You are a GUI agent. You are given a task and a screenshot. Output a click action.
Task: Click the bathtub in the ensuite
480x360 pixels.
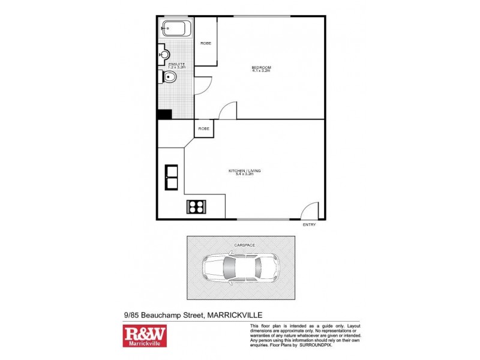[176, 29]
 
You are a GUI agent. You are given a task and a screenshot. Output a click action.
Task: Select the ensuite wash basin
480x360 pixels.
[164, 55]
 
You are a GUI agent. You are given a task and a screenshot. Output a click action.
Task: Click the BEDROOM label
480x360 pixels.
[261, 67]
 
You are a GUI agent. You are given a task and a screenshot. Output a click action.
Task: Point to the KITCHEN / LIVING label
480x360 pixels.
[245, 171]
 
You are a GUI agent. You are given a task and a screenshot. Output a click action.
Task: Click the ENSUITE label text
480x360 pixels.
[176, 64]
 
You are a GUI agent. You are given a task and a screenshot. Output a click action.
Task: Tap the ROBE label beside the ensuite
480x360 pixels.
[206, 43]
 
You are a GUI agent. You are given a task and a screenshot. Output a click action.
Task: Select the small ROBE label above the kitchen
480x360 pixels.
[204, 128]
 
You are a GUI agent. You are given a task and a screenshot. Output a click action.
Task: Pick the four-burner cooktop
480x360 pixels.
[196, 207]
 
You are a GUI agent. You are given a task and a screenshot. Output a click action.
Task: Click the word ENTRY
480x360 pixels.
[309, 225]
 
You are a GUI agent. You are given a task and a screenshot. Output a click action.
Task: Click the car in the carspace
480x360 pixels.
[240, 268]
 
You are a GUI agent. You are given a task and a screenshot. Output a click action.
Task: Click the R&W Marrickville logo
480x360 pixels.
[145, 336]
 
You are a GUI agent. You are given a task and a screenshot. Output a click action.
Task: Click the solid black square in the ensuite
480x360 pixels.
[164, 114]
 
